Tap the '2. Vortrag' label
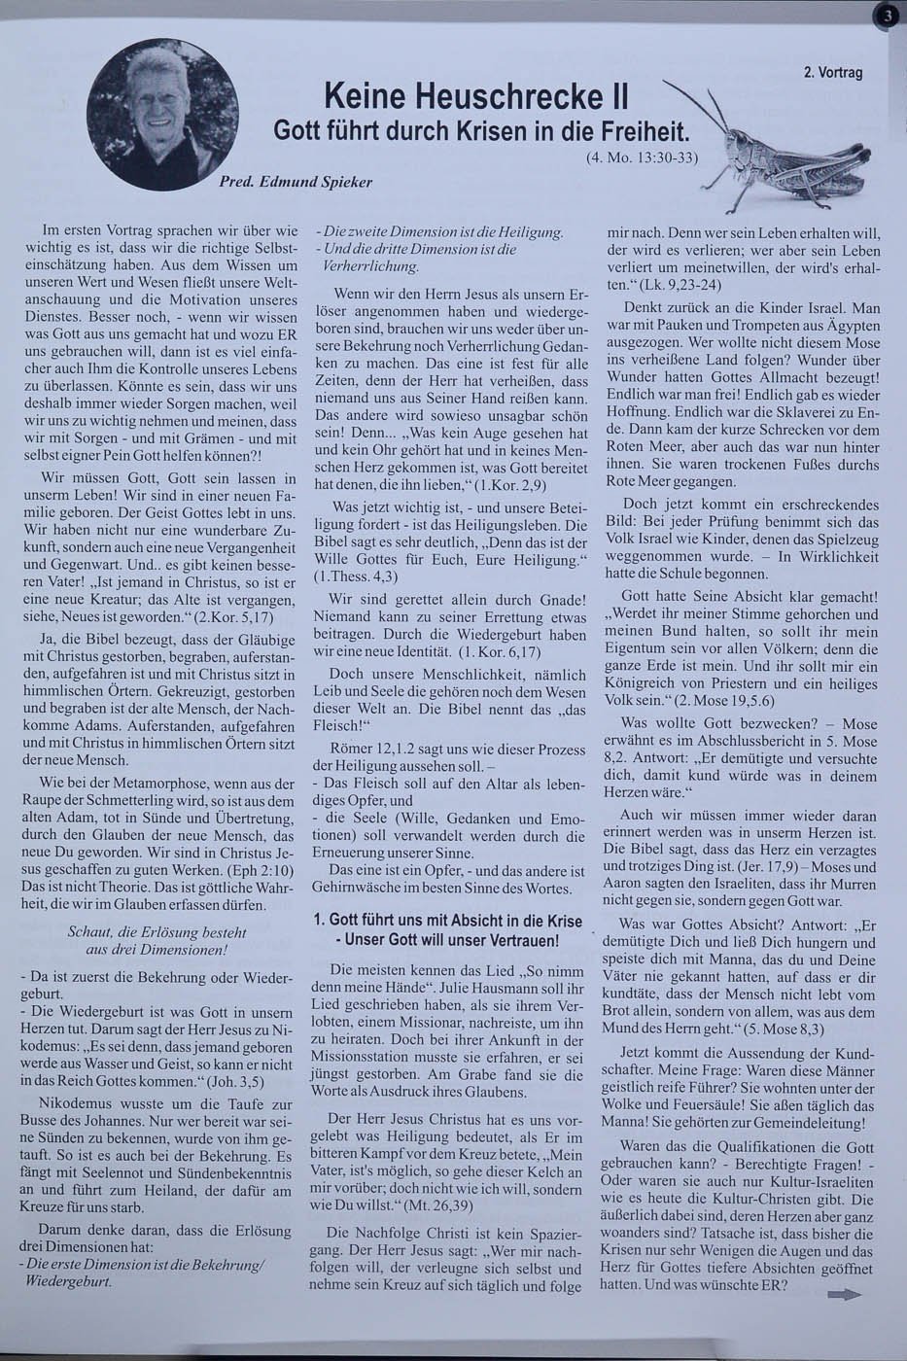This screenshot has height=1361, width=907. point(833,72)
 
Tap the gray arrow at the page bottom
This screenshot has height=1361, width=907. point(844,1294)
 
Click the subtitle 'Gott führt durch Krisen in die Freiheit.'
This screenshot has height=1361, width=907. point(482,130)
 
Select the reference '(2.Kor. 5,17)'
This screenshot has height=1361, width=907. point(237,618)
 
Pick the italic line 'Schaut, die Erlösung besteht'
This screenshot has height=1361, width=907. point(157,931)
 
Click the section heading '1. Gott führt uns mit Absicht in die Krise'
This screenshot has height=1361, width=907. point(448,922)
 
